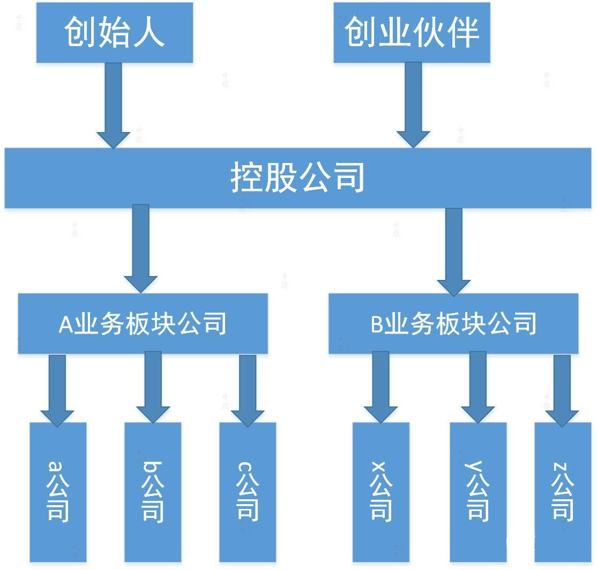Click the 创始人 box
(114, 32)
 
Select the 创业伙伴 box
(412, 32)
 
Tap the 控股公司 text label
(298, 177)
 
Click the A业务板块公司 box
(143, 323)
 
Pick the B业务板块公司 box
(453, 324)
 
